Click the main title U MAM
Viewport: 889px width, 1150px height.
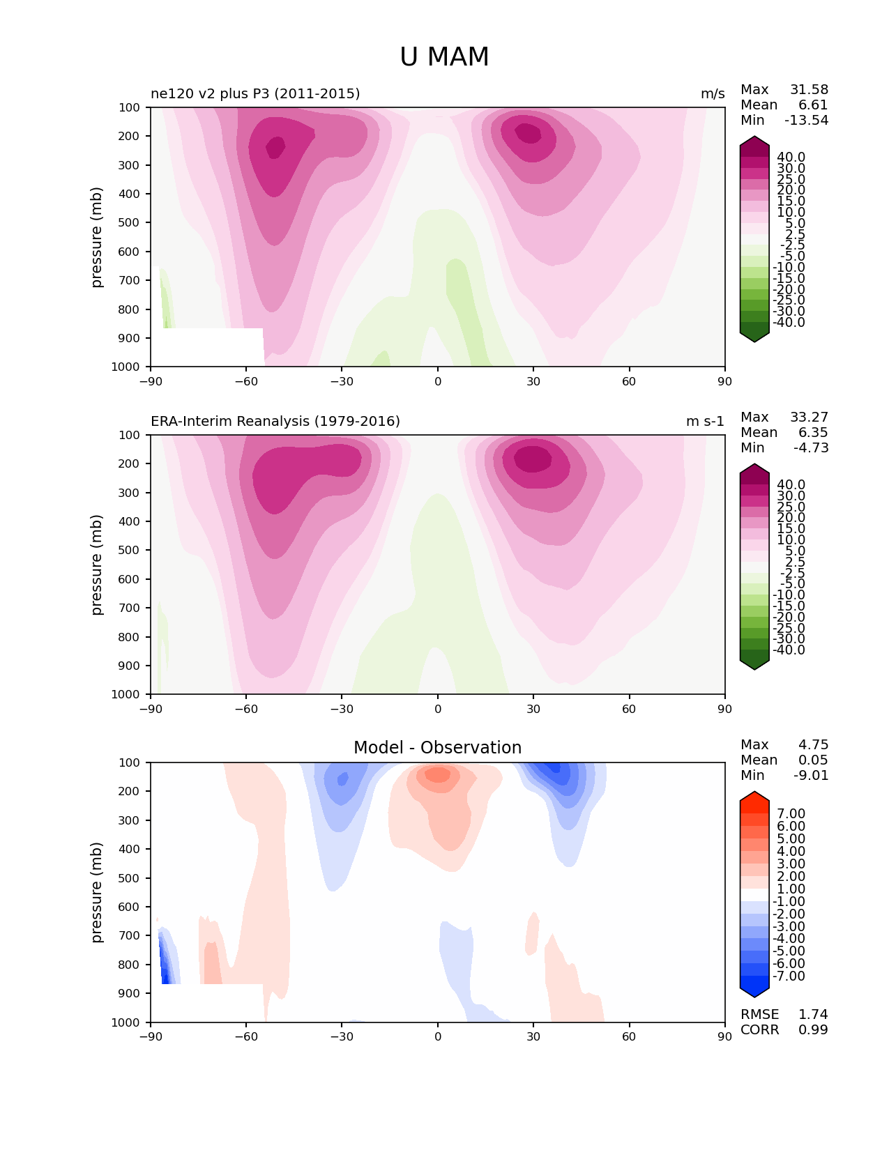point(444,56)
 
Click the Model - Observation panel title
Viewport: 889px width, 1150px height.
point(437,747)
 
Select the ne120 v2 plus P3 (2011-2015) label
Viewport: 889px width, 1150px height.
point(255,93)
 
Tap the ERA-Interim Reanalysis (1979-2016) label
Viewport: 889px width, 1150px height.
point(275,421)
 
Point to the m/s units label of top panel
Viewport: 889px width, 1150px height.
point(713,94)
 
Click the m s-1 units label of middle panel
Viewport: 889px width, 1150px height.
point(705,421)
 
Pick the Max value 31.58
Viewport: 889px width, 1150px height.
point(809,89)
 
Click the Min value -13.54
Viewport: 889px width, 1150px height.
point(807,120)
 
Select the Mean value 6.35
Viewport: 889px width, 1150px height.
point(813,432)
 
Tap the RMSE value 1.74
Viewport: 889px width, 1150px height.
point(813,1014)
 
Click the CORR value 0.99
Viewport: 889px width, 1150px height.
point(813,1029)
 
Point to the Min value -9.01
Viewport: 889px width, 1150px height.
point(811,775)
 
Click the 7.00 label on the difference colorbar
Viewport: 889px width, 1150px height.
point(791,813)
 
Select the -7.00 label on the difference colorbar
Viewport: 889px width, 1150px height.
point(789,976)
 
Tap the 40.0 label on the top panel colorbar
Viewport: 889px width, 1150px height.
point(791,158)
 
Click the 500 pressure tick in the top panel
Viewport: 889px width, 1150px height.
point(129,223)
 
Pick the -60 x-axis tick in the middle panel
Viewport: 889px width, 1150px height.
point(246,709)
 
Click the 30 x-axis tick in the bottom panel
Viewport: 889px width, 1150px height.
point(533,1036)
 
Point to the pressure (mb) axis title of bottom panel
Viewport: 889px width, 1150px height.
point(96,892)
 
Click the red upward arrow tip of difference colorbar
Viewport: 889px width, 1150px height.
point(754,792)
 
